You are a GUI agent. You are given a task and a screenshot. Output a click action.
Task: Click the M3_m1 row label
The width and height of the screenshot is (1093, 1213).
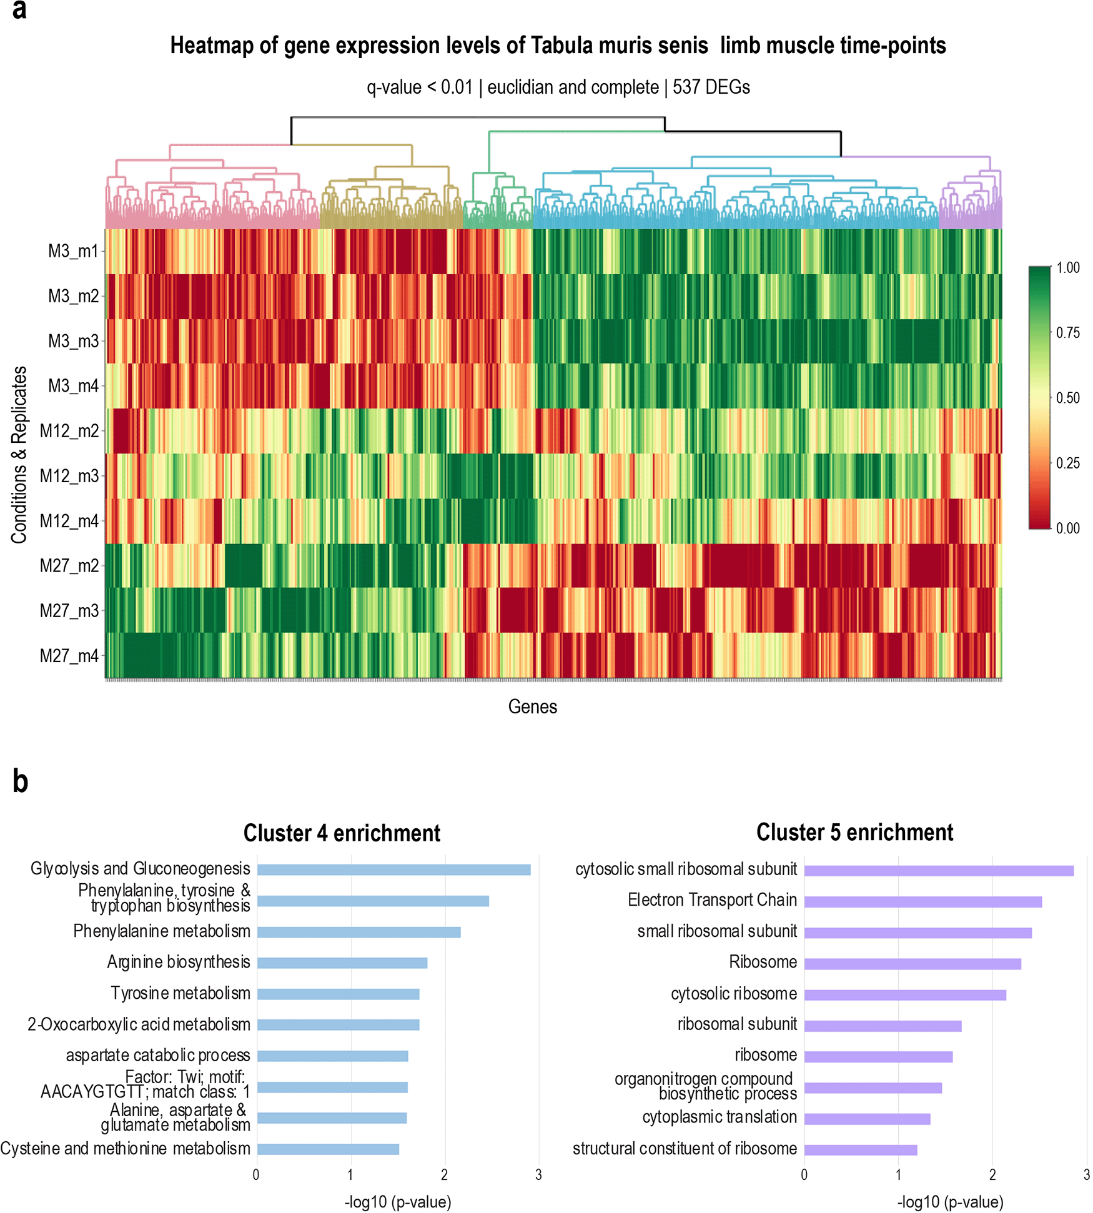(x=73, y=251)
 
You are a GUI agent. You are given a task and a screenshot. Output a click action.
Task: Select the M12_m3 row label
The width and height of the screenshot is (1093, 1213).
(x=69, y=476)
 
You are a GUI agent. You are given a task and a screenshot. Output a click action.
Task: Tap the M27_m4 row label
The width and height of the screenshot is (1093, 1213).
(x=69, y=656)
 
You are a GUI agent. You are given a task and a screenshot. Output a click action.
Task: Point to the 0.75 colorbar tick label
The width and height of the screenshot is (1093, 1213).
(x=1067, y=333)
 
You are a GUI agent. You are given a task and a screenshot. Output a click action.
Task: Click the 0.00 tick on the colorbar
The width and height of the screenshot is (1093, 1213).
(x=1067, y=528)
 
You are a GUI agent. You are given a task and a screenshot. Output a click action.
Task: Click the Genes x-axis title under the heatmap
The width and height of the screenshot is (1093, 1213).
(x=532, y=706)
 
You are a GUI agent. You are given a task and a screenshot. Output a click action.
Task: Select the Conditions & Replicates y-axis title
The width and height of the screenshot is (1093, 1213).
(x=19, y=454)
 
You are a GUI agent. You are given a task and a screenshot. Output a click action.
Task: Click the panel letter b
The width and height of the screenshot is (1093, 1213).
(x=20, y=781)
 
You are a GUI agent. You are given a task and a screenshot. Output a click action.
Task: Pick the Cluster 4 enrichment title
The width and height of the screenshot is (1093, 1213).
(x=342, y=833)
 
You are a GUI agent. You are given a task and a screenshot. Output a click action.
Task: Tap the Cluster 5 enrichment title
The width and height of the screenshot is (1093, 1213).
(x=854, y=833)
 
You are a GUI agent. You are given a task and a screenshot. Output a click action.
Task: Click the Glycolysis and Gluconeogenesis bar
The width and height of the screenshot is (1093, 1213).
(x=393, y=869)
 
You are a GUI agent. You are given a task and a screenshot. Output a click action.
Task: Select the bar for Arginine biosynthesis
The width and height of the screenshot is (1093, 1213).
(x=342, y=963)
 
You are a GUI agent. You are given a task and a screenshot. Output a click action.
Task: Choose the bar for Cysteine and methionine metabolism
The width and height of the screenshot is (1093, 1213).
(x=328, y=1149)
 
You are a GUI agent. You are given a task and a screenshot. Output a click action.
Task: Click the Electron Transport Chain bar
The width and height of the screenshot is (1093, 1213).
(x=922, y=902)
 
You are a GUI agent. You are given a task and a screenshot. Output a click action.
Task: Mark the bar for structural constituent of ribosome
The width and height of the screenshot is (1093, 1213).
(x=861, y=1149)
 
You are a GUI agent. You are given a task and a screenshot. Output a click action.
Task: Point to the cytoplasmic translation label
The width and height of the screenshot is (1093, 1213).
(x=720, y=1117)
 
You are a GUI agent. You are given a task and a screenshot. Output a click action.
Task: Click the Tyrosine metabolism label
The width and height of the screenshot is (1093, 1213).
(x=180, y=993)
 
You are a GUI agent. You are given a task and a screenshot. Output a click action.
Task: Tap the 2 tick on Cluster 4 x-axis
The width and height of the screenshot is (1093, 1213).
(x=444, y=1175)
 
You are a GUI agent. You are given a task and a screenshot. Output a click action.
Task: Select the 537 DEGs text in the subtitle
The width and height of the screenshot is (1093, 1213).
(x=711, y=87)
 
